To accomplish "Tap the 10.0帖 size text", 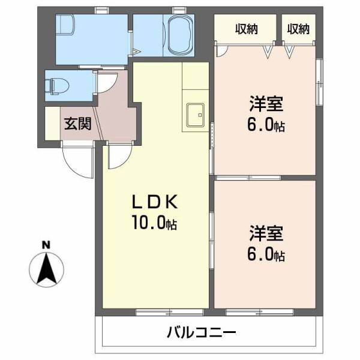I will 155,224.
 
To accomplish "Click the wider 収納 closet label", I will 247,28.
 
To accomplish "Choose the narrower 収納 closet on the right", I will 298,28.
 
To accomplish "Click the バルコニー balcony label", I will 202,331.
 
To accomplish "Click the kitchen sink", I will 195,115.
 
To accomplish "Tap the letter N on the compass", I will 46,245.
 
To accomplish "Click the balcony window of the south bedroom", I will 259,311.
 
